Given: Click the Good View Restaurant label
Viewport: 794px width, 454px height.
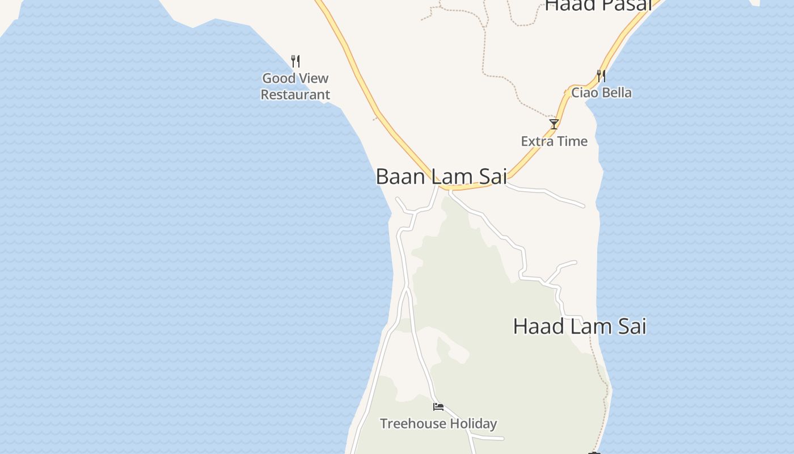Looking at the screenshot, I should (295, 86).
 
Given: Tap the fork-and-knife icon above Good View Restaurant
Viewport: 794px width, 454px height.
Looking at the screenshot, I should (295, 61).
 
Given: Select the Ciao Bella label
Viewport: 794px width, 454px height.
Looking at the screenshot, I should (601, 93).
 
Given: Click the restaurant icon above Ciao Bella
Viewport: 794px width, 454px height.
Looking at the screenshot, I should (601, 75).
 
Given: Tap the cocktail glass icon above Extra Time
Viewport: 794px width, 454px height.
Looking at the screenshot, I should (554, 124).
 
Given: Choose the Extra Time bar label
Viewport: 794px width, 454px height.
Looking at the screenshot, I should (554, 141).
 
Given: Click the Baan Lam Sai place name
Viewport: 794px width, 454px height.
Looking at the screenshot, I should (441, 176).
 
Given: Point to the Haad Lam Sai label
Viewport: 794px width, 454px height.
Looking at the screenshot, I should (580, 326).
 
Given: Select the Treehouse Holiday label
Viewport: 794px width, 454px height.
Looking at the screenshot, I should (438, 423).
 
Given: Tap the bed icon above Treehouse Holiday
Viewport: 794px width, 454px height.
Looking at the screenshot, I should (438, 406).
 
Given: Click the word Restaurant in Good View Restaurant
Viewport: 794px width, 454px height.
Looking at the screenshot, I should (295, 95).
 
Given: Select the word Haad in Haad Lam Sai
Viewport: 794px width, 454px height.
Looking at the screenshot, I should (537, 326).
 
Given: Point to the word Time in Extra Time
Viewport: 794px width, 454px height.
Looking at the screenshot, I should (573, 141).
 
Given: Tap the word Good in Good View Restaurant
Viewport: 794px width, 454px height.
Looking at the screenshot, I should (278, 78).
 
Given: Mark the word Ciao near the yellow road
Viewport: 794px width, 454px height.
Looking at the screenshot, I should (584, 93).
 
